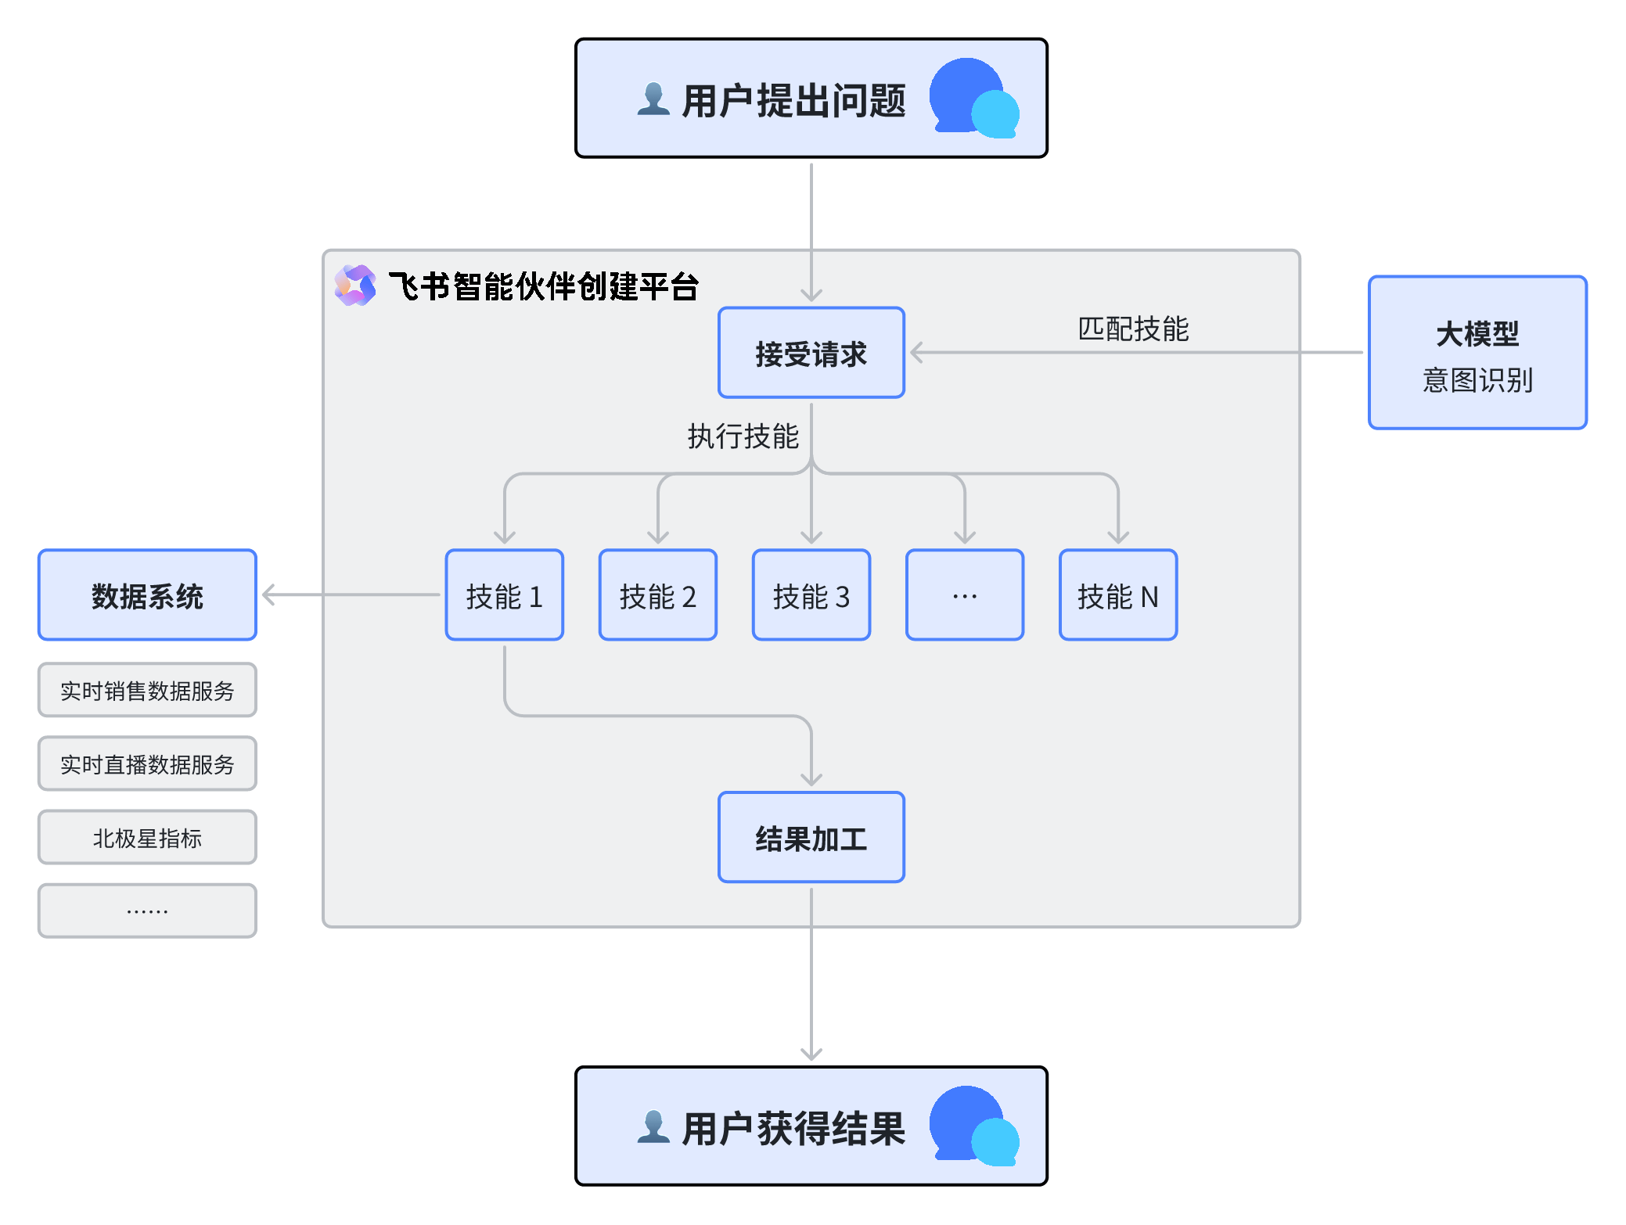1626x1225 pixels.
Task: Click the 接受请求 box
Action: [x=811, y=353]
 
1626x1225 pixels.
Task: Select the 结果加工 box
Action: [x=811, y=838]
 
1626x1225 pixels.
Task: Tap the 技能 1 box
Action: [x=504, y=595]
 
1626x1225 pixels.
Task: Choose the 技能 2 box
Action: [x=657, y=595]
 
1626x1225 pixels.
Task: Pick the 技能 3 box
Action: [x=811, y=595]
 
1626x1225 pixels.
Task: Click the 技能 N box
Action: [x=1117, y=595]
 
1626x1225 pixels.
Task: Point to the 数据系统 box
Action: [x=147, y=595]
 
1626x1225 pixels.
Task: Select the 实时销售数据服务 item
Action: [x=147, y=690]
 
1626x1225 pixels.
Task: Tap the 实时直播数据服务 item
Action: [x=147, y=763]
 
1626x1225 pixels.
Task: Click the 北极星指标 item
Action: [x=147, y=837]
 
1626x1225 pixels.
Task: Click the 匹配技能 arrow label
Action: [x=1133, y=329]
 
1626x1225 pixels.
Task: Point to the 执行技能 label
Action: [x=743, y=436]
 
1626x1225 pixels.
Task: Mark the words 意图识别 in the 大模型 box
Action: [x=1477, y=380]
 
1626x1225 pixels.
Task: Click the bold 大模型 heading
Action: [x=1477, y=334]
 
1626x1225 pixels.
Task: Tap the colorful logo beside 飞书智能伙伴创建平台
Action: [x=355, y=286]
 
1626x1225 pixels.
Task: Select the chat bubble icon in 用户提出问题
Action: [x=973, y=99]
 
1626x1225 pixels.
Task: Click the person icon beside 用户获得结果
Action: [x=653, y=1127]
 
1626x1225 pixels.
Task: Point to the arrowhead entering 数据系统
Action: [x=268, y=595]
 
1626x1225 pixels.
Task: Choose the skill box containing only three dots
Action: [x=964, y=595]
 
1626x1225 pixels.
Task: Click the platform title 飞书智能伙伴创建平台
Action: [x=543, y=286]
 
